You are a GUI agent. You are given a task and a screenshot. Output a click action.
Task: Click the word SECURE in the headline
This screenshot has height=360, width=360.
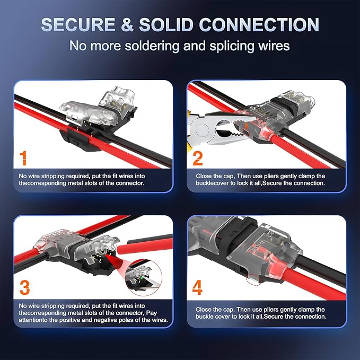click(x=78, y=24)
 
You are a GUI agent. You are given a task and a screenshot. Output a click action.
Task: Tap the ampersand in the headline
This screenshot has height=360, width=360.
click(x=127, y=24)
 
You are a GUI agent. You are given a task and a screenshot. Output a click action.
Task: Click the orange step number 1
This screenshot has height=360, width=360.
click(x=23, y=158)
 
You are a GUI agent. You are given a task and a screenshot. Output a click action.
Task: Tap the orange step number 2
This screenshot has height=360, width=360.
click(x=198, y=158)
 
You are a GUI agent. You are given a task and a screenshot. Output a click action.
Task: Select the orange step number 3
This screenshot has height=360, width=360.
click(x=25, y=288)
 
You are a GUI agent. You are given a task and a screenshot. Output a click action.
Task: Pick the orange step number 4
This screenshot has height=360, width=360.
click(x=197, y=288)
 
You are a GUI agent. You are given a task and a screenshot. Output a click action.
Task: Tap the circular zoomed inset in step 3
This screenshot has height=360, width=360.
click(x=144, y=277)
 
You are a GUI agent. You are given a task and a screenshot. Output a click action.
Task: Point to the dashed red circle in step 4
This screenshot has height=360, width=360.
click(x=253, y=279)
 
